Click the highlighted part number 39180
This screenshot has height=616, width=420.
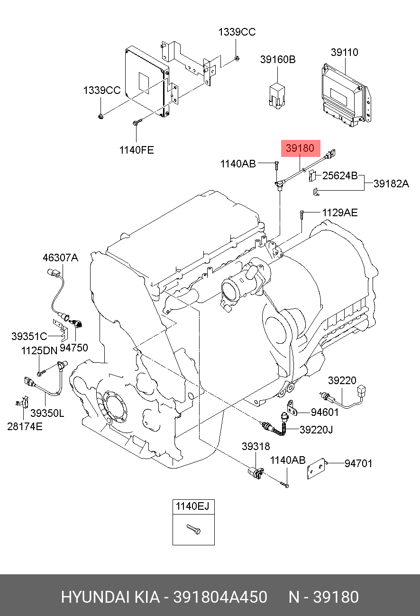tap(300, 148)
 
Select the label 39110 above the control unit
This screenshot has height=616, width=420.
tap(345, 52)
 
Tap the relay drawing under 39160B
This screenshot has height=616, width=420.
tap(277, 96)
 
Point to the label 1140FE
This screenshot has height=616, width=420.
tap(137, 150)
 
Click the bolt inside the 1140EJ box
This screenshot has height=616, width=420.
tap(193, 529)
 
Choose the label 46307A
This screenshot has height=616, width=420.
tap(61, 257)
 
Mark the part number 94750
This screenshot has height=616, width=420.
tap(73, 348)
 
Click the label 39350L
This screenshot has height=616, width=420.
tap(47, 413)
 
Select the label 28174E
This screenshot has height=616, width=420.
tap(25, 426)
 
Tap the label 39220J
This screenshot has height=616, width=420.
tap(316, 430)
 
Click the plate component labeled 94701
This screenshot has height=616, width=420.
tap(316, 469)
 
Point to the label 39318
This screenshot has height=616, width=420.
tap(256, 447)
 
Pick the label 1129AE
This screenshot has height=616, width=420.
tap(340, 212)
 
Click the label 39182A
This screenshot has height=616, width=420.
tap(391, 184)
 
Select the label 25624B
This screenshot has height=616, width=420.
tap(340, 175)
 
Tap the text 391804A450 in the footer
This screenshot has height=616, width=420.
tap(220, 597)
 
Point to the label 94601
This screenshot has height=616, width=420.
tap(325, 412)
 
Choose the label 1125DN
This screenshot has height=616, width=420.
tap(39, 350)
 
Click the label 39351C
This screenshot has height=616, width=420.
tap(29, 336)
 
